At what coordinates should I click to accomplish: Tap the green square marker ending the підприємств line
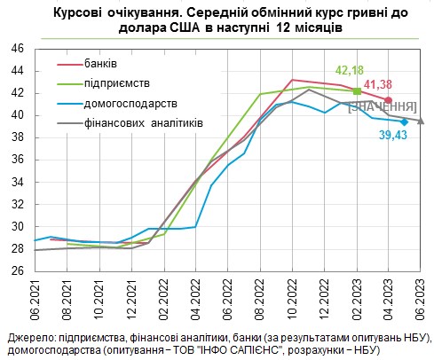(x=357, y=91)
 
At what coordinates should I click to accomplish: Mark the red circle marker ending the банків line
(x=389, y=99)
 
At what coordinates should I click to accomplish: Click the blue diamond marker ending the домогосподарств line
(x=404, y=121)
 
